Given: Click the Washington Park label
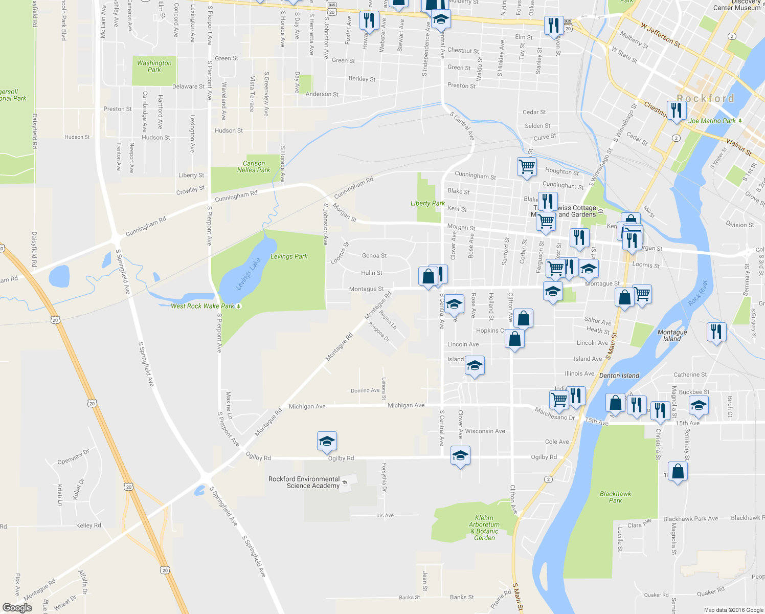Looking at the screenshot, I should (154, 67).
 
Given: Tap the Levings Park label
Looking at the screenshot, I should (289, 256).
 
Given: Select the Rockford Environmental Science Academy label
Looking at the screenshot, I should (304, 483).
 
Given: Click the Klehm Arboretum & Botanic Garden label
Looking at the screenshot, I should (484, 528).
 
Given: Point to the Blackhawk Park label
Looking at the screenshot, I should (615, 497).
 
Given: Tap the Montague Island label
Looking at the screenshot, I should (672, 336).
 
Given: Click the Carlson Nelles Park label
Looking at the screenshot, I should (254, 167).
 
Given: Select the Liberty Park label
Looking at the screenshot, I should (427, 203).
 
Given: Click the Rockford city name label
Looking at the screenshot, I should (705, 98).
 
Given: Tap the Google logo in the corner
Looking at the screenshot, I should (17, 608).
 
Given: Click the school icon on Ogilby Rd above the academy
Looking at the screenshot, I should (327, 441).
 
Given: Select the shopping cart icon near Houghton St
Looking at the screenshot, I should (527, 166).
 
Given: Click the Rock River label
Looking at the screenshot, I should (698, 293).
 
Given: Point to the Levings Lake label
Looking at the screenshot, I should (249, 274).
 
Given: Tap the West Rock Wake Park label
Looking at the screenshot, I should (202, 306).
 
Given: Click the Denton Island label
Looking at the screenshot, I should (619, 376).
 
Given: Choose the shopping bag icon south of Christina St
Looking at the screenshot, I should (678, 471).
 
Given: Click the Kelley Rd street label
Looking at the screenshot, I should (88, 525).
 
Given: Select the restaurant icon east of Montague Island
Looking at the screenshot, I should (716, 332).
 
